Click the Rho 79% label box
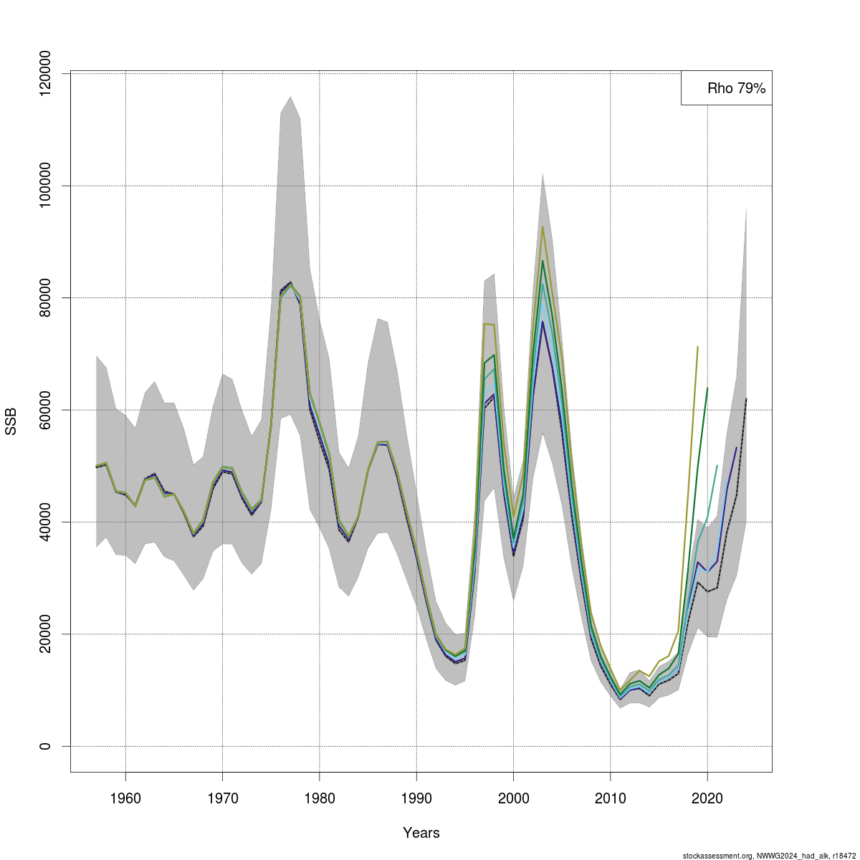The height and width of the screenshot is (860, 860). (727, 88)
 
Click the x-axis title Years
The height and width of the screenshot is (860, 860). (421, 833)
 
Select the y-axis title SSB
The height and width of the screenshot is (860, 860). (11, 421)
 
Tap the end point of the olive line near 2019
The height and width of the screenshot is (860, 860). (697, 347)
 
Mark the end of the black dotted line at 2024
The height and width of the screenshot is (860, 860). (746, 398)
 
